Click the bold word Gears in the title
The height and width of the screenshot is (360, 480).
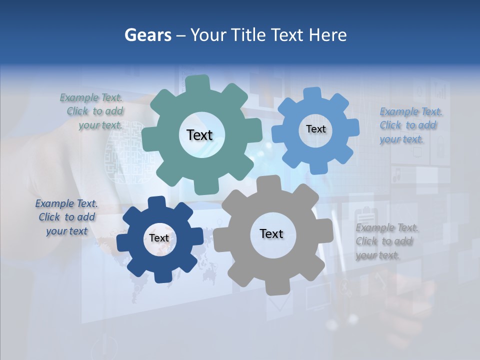pyautogui.click(x=148, y=35)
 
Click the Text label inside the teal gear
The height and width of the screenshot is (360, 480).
pyautogui.click(x=199, y=135)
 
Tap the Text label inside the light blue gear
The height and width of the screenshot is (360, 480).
pyautogui.click(x=315, y=129)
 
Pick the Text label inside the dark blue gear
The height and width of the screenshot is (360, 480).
pyautogui.click(x=159, y=238)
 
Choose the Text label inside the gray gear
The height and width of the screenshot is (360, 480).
pyautogui.click(x=271, y=233)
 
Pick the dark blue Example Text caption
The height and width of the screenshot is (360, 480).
pyautogui.click(x=67, y=217)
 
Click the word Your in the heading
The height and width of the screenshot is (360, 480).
pyautogui.click(x=204, y=35)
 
